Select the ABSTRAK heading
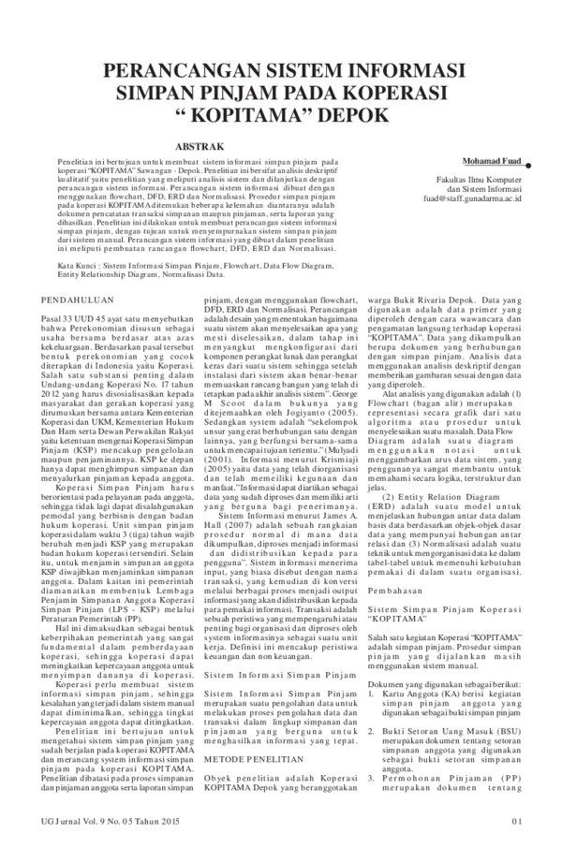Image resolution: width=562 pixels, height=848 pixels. click(x=199, y=146)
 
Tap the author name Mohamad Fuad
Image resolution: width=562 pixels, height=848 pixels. click(x=493, y=161)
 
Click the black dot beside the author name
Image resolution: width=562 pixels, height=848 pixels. click(x=529, y=161)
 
